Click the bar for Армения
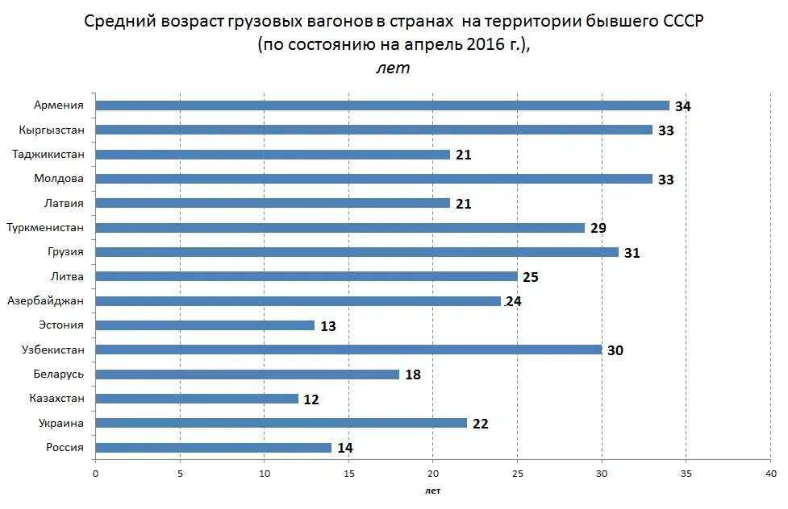[x=382, y=106]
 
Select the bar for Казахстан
[x=197, y=399]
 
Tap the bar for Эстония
[x=205, y=325]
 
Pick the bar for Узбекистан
[x=348, y=350]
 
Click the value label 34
[x=683, y=106]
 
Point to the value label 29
[x=598, y=229]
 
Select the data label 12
[x=311, y=399]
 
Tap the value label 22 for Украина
[x=480, y=424]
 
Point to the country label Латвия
[x=65, y=203]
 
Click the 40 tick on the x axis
[x=770, y=474]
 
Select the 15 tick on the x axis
[x=348, y=474]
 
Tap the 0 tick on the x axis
[x=95, y=474]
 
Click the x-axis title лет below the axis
[x=432, y=490]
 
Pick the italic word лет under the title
[x=393, y=68]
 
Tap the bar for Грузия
[x=356, y=252]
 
